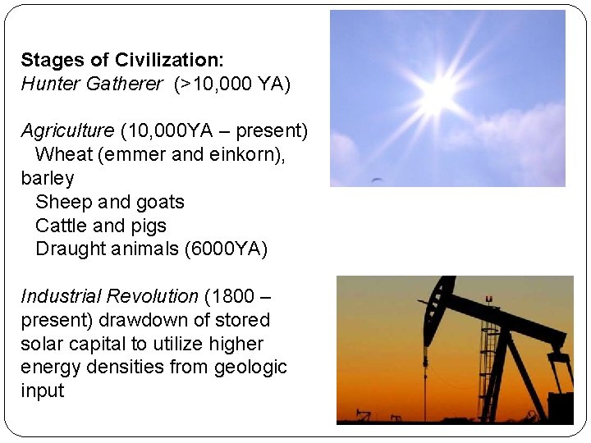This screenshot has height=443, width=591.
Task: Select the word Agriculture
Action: (x=67, y=130)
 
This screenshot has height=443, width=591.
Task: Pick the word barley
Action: (x=47, y=178)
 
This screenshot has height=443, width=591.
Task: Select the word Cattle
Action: (x=62, y=226)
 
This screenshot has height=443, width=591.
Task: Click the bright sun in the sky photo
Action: (x=438, y=93)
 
